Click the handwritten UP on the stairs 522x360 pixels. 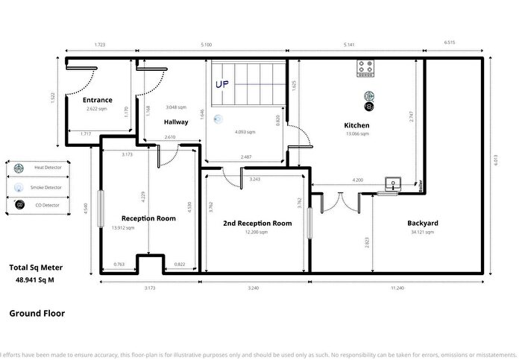click(222, 85)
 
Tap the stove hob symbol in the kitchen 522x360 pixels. click(366, 69)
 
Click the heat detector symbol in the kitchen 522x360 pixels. click(368, 95)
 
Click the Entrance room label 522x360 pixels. click(97, 100)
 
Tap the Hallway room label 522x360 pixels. click(176, 121)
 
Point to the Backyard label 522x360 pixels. click(422, 223)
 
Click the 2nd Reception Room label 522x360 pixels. click(257, 223)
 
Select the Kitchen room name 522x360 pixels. click(356, 124)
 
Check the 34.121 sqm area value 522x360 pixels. click(422, 233)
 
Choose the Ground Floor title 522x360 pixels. click(37, 313)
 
